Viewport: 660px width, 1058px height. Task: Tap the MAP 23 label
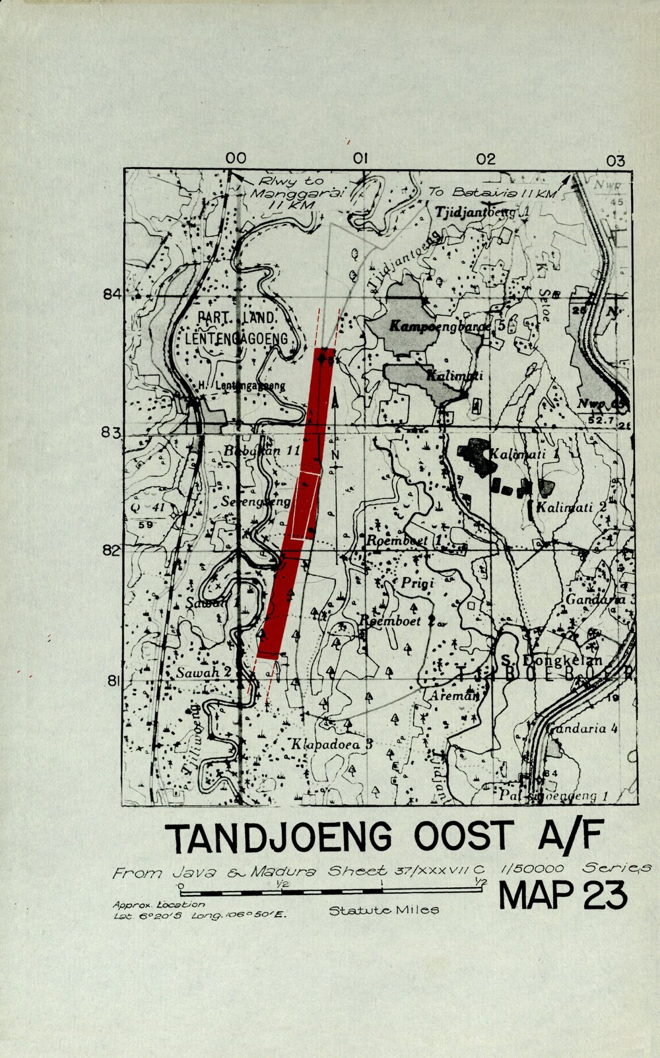click(x=562, y=896)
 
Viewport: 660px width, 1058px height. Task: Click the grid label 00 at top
click(x=236, y=158)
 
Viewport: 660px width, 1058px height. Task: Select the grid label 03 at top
click(x=614, y=160)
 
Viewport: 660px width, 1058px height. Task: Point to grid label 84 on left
click(x=112, y=294)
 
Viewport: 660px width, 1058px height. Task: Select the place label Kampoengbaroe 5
click(x=446, y=327)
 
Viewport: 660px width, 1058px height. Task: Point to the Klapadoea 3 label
click(x=332, y=744)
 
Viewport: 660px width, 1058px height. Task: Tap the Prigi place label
click(x=417, y=583)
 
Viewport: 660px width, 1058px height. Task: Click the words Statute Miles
click(x=383, y=910)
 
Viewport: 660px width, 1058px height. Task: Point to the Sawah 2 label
click(x=203, y=673)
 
